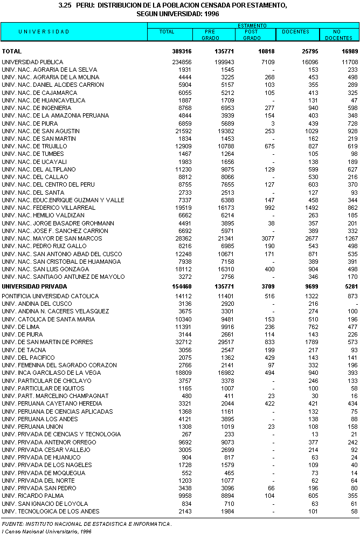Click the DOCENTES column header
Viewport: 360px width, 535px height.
click(296, 32)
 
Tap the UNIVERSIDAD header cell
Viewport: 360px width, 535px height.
click(44, 32)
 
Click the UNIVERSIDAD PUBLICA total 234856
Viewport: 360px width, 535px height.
click(180, 62)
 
